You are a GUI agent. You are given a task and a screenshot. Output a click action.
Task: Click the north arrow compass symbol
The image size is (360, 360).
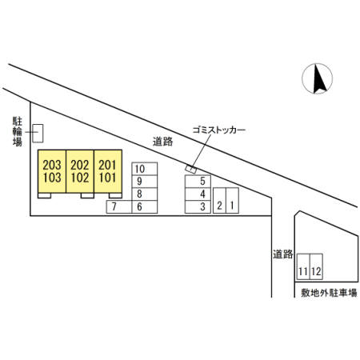[317, 78]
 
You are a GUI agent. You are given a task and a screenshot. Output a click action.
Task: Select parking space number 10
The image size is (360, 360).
[145, 169]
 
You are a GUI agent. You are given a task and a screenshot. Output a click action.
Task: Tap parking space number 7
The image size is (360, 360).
[119, 206]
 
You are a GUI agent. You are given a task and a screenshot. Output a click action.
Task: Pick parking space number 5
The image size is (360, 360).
[198, 182]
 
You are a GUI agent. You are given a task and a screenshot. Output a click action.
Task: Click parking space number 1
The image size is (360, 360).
[232, 200]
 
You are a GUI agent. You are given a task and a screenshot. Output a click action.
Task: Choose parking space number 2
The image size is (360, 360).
[219, 200]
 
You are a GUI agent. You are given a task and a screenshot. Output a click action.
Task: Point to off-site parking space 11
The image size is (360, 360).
[303, 266]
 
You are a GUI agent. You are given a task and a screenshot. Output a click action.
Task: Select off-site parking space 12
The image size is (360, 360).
[316, 266]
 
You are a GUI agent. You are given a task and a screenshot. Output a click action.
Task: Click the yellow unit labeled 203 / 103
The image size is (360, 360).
[52, 171]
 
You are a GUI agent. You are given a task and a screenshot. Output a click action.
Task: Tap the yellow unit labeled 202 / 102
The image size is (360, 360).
[80, 171]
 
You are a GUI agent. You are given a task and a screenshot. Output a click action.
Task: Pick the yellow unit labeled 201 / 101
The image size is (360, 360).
[108, 171]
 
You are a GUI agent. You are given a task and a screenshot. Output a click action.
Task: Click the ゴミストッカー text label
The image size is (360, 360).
[218, 130]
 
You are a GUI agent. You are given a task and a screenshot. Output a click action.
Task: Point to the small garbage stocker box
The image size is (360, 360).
[191, 169]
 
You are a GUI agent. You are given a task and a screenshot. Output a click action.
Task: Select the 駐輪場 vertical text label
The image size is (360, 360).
[18, 132]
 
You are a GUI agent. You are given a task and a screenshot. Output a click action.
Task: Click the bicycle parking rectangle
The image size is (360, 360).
[38, 133]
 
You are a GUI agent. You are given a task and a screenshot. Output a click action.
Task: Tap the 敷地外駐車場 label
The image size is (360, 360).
[329, 293]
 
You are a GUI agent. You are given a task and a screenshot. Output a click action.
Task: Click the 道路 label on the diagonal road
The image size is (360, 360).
[162, 142]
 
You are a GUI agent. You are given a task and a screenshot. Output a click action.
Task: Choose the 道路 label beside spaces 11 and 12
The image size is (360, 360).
[282, 254]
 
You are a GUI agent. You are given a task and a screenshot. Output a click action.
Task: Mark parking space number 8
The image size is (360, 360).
[145, 194]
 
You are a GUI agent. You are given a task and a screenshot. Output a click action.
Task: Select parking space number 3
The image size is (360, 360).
[198, 206]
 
